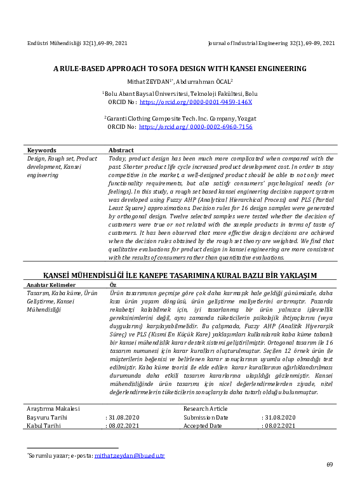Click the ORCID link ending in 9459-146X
(196, 102)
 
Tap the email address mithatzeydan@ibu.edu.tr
(129, 455)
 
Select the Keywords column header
(41, 150)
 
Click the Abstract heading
(121, 150)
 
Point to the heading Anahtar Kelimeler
(48, 285)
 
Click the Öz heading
(113, 285)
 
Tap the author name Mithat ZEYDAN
(147, 81)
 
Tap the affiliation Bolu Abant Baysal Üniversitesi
(147, 93)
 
